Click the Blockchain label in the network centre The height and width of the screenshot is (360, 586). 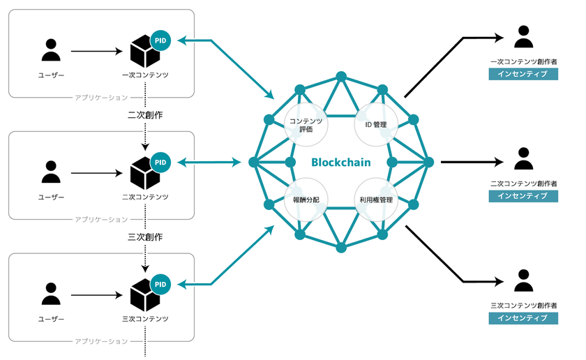(340, 163)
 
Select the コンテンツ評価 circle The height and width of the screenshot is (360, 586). (306, 125)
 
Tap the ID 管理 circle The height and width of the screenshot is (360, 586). (376, 125)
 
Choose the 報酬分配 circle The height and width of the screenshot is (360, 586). (306, 200)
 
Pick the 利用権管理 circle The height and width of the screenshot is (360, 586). (376, 200)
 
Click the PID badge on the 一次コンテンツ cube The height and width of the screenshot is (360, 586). (160, 41)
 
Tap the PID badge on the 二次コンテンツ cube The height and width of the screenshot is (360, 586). (160, 163)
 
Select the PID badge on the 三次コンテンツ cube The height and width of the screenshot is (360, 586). (160, 285)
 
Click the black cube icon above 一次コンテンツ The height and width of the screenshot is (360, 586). (145, 52)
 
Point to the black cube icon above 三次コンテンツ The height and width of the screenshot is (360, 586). (145, 295)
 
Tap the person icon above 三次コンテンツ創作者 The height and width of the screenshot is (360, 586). (523, 280)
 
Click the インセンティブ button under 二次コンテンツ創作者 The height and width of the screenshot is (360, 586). (523, 197)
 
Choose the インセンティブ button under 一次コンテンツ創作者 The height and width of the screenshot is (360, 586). (523, 75)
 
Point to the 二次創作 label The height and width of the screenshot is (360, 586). (145, 114)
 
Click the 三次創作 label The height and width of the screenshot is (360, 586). (145, 237)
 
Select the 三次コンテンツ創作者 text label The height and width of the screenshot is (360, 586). (523, 305)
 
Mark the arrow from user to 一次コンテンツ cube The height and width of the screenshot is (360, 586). (98, 52)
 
